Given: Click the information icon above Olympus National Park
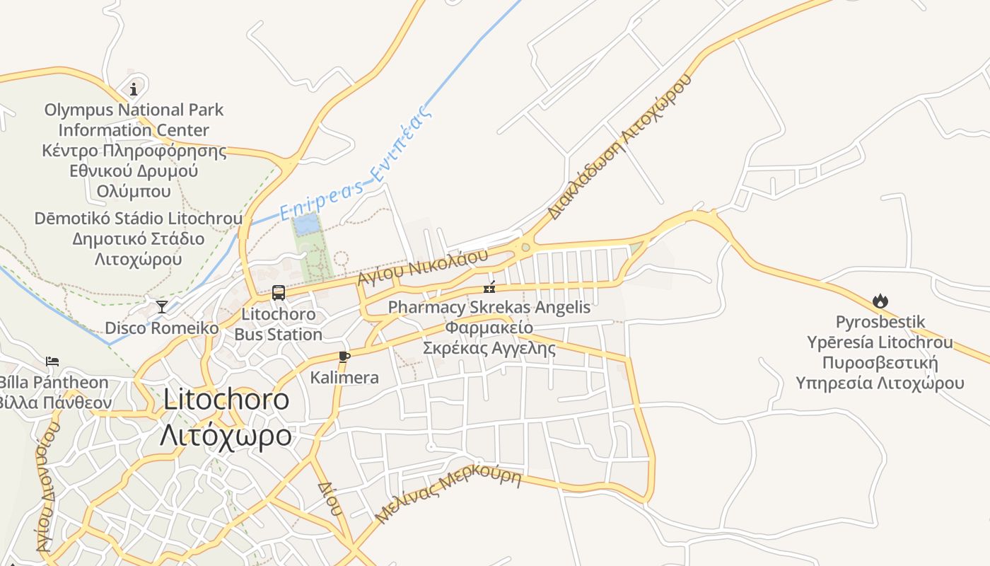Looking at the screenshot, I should click(134, 88).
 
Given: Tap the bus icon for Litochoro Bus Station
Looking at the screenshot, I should click(279, 292).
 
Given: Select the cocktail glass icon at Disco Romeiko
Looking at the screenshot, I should click(162, 306).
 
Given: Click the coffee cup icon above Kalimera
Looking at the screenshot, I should click(344, 357).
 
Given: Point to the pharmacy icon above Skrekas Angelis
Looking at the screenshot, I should click(489, 287).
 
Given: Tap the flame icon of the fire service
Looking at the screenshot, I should click(880, 301).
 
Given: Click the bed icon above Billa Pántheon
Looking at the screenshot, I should click(52, 362).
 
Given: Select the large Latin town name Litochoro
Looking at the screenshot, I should click(226, 400).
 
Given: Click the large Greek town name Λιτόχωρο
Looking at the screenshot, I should click(226, 434).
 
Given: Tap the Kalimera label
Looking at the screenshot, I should click(344, 378).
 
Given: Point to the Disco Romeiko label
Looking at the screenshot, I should click(162, 328).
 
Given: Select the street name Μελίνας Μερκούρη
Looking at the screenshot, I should click(448, 495).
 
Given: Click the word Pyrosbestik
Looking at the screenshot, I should click(880, 322).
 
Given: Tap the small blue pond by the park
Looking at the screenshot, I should click(307, 225).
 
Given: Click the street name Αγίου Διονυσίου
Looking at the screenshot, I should click(47, 488).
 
